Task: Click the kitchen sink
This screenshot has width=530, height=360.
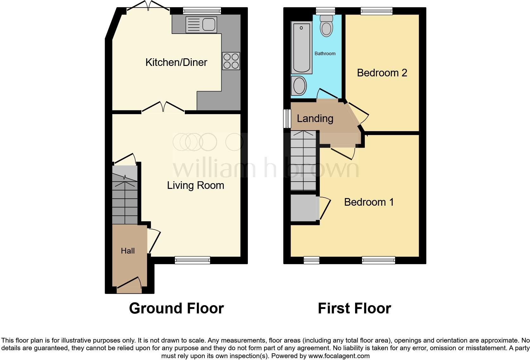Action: click(201, 25)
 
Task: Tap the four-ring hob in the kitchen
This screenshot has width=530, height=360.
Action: click(231, 61)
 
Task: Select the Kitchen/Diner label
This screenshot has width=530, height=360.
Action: click(176, 62)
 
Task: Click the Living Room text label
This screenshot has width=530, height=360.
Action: click(196, 185)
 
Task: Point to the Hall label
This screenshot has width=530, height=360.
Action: click(128, 251)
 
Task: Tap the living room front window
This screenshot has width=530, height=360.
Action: click(192, 260)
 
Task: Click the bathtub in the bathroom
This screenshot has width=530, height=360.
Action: click(301, 48)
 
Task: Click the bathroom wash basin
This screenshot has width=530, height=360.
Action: click(299, 85)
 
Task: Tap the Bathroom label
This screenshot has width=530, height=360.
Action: click(325, 54)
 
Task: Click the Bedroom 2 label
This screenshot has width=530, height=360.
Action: click(382, 73)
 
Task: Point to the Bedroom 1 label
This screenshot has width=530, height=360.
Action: click(369, 202)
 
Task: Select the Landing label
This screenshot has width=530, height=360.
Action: click(315, 119)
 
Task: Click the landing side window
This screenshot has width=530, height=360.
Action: click(287, 119)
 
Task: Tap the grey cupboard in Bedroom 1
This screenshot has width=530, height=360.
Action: click(304, 208)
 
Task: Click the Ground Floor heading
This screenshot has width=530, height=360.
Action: click(176, 308)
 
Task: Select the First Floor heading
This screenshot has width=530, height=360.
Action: click(354, 308)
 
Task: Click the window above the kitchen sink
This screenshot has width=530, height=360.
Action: click(202, 11)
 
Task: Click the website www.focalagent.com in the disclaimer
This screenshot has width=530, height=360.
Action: click(339, 356)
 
